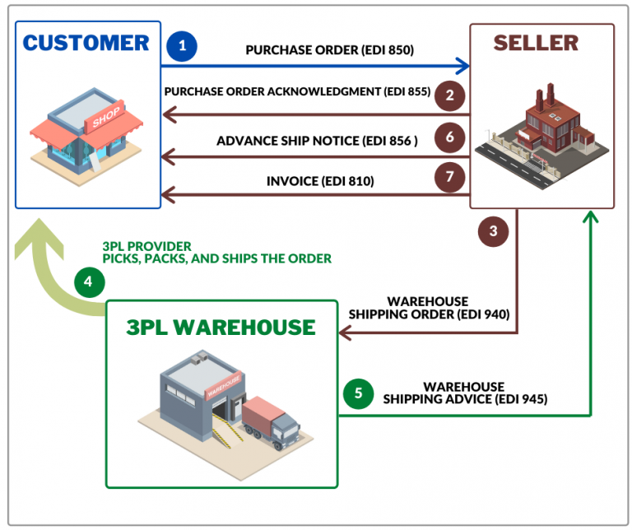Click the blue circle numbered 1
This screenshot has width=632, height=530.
183,46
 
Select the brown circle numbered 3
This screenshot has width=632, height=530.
493,231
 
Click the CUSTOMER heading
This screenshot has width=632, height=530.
86,43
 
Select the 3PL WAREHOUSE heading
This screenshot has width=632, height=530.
221,328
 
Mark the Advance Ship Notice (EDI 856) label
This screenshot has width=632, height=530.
318,141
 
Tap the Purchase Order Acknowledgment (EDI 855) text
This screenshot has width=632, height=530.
297,91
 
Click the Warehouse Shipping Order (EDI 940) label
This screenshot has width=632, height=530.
429,308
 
